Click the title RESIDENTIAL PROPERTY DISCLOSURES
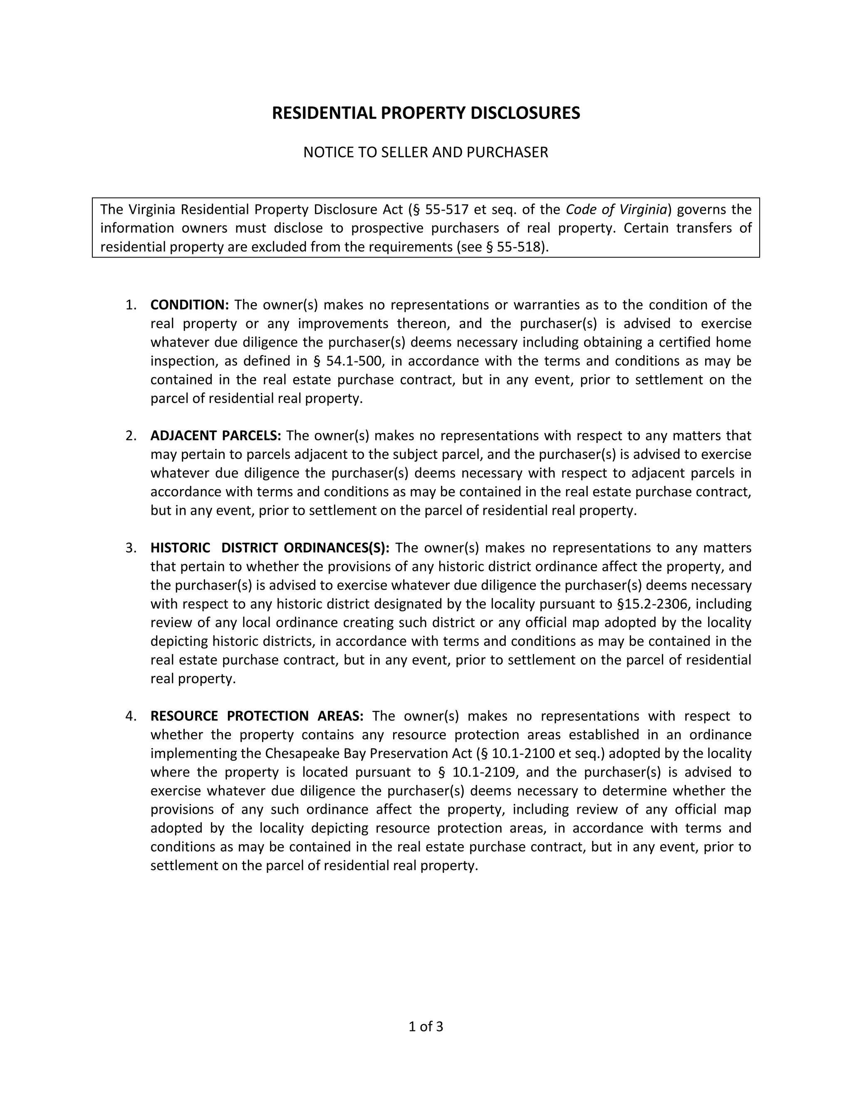tap(426, 113)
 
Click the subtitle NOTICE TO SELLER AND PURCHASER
tap(426, 152)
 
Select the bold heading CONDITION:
tap(190, 305)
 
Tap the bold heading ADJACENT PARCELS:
tap(215, 435)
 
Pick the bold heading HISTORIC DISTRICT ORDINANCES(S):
tap(270, 548)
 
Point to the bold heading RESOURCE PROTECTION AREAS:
tap(257, 716)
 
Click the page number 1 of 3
tap(426, 1027)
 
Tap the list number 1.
tap(130, 305)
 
